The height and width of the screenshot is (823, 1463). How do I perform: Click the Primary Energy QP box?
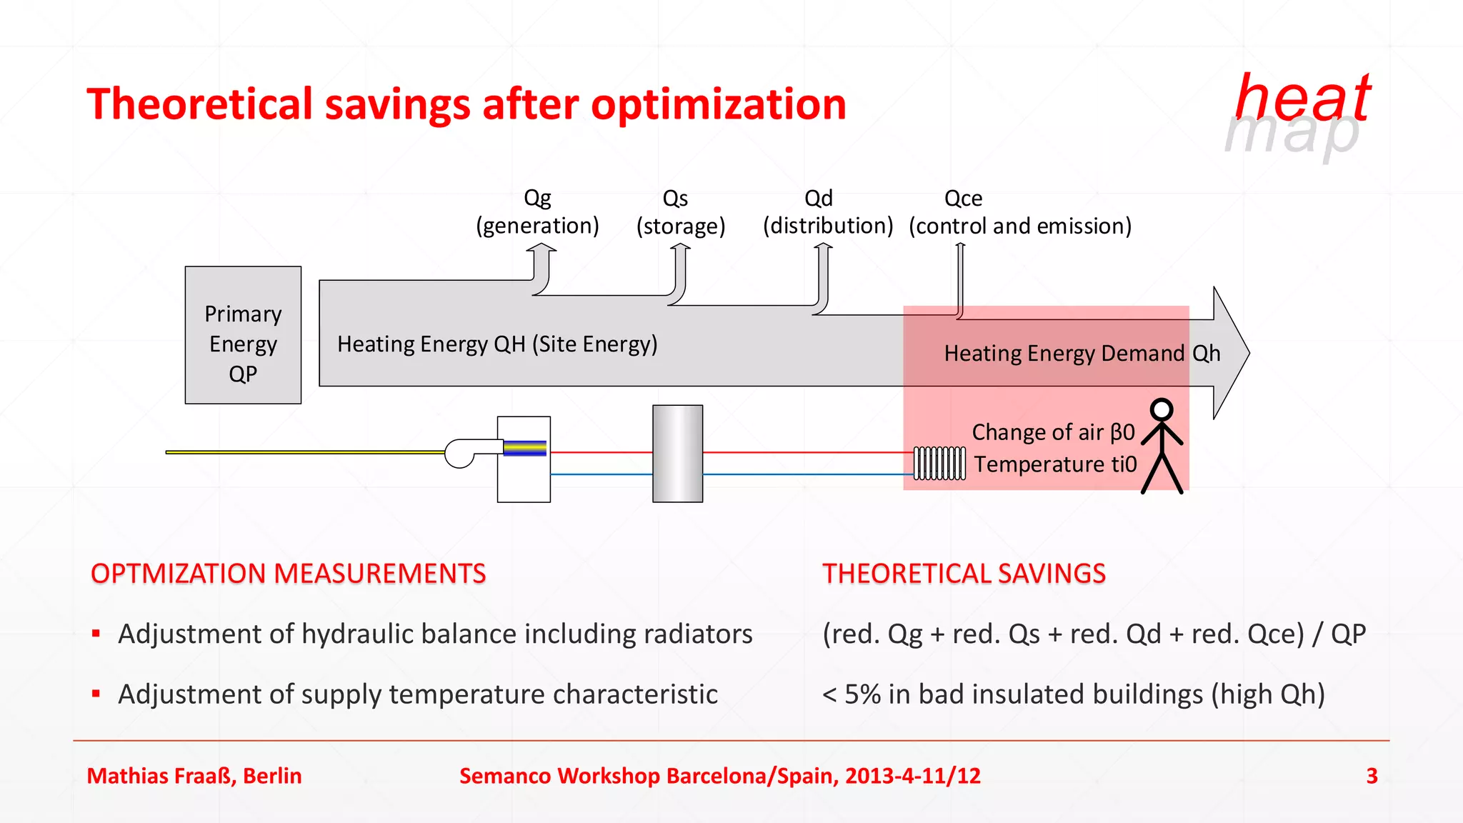click(x=243, y=335)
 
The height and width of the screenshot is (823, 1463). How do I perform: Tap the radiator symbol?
click(x=939, y=463)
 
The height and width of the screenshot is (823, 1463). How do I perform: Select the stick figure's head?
click(x=1162, y=409)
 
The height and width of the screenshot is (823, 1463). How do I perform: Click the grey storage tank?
click(x=677, y=454)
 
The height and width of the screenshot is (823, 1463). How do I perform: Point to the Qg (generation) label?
click(x=537, y=212)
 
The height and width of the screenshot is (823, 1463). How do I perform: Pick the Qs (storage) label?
click(x=680, y=212)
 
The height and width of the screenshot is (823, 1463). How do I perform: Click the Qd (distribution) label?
click(x=827, y=212)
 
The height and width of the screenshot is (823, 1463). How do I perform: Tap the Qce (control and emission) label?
click(x=1019, y=212)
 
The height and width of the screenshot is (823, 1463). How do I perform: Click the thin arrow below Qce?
click(x=960, y=279)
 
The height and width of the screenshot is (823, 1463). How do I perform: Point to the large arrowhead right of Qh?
click(x=1230, y=353)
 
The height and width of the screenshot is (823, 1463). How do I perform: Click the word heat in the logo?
click(x=1302, y=98)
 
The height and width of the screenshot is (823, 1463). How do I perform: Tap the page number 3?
click(x=1372, y=776)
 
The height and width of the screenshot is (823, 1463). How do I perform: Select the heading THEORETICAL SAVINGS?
click(x=964, y=574)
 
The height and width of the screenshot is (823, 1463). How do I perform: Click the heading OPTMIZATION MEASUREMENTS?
click(x=288, y=574)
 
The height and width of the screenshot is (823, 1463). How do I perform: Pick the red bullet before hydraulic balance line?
click(x=96, y=633)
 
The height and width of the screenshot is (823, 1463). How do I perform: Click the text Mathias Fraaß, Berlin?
click(x=194, y=776)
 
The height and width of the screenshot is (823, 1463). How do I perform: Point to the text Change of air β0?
click(x=1053, y=432)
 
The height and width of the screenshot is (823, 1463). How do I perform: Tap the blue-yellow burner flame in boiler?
click(x=524, y=449)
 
